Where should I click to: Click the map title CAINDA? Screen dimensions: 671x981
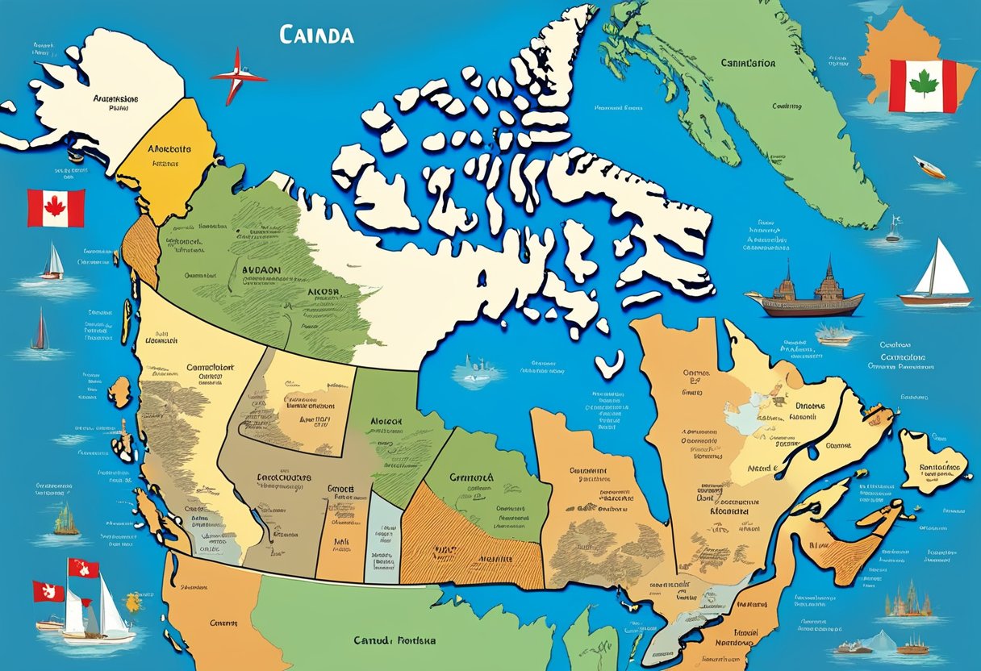pos(316,35)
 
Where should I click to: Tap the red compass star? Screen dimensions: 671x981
pos(238,76)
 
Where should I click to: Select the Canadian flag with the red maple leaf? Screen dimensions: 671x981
pos(56,207)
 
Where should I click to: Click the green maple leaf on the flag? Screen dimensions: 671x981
pos(922,83)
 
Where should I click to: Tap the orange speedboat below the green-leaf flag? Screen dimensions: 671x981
pos(929,167)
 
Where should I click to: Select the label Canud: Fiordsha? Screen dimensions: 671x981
pos(394,640)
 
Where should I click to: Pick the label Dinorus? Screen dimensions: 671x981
pos(816,406)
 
